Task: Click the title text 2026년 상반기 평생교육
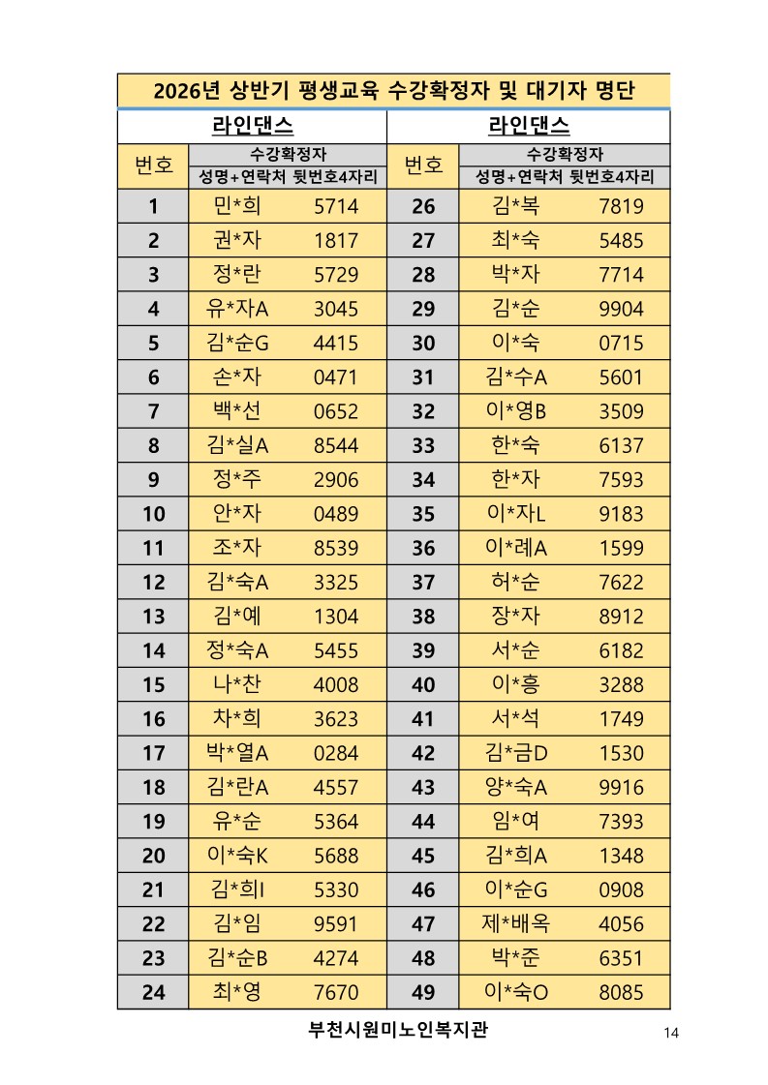393,92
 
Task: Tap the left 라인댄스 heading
252,127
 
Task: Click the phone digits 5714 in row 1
336,206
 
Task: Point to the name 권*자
237,241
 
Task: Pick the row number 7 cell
153,411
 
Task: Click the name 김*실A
237,445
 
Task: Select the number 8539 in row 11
336,548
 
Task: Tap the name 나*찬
237,684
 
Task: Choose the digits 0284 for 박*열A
336,753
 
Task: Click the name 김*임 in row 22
237,923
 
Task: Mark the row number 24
153,992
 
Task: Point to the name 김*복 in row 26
515,206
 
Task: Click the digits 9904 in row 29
621,309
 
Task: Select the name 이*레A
515,548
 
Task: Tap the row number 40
423,684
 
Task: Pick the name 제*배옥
515,923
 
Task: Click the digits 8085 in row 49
621,992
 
